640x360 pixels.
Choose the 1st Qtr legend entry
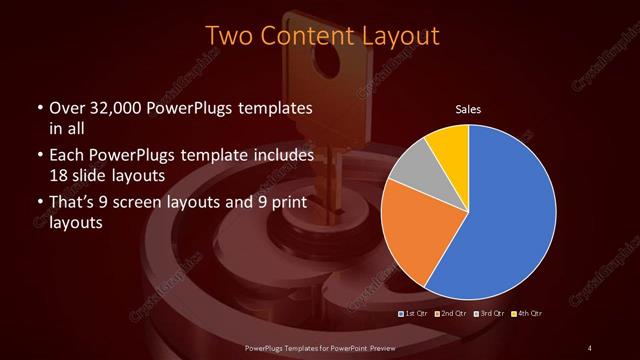click(416, 313)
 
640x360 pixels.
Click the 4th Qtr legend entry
click(529, 313)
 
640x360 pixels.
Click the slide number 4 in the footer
click(590, 347)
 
